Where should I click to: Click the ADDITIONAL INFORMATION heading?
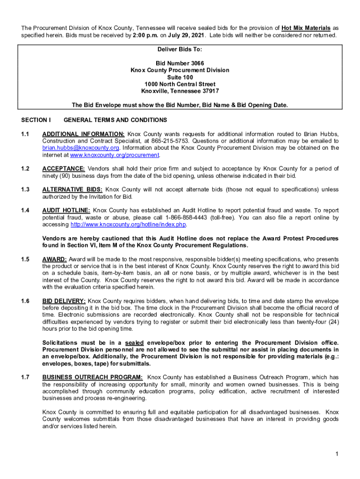(x=83, y=134)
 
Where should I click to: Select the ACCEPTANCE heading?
(x=64, y=168)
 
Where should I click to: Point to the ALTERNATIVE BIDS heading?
(x=72, y=189)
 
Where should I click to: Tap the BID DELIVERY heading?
(x=64, y=301)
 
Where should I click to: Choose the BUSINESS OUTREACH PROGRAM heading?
(x=92, y=377)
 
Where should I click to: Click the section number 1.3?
(x=25, y=189)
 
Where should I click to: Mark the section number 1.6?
(x=25, y=301)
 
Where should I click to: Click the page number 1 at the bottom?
(x=337, y=454)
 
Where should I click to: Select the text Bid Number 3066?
(x=180, y=63)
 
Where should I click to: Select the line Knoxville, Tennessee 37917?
(x=180, y=91)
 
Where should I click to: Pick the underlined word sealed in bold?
(x=135, y=343)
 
